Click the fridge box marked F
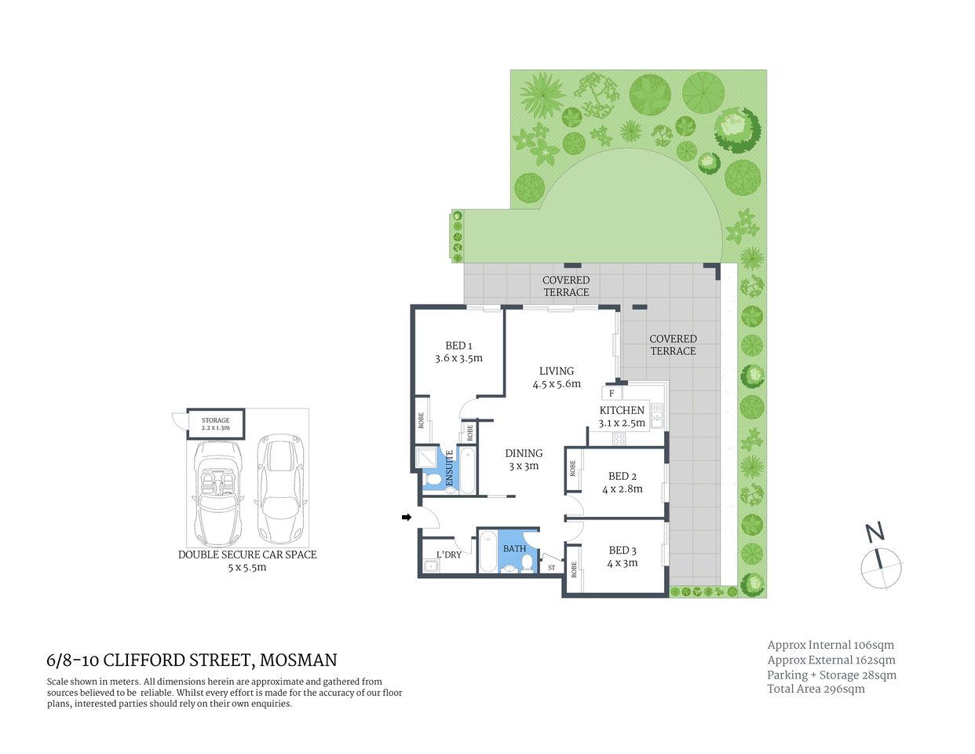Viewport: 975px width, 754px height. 612,393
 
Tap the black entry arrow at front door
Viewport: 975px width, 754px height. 406,517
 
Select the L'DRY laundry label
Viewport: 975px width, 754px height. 448,555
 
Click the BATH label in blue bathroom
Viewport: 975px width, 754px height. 514,548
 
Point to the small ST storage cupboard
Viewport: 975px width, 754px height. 551,567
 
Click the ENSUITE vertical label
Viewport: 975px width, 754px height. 450,467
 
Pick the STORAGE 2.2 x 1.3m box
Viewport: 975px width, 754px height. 216,424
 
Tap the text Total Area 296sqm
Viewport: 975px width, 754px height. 816,689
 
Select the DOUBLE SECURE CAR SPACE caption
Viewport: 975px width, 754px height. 247,555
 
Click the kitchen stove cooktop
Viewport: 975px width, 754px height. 619,439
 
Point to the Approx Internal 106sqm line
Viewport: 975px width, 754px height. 831,645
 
